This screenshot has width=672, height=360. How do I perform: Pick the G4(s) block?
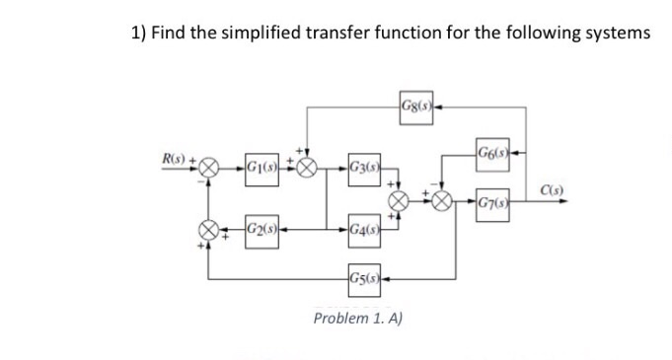(365, 231)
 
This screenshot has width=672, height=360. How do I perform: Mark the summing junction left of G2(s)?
(208, 231)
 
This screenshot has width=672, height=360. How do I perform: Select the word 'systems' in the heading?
(617, 34)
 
